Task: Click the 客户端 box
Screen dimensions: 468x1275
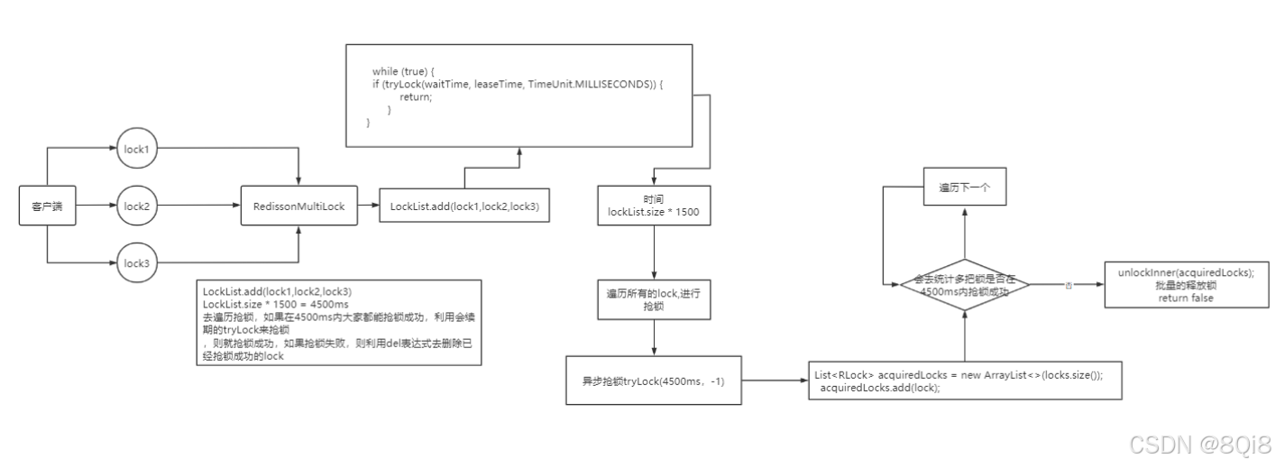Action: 47,206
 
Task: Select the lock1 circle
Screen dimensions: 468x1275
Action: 136,149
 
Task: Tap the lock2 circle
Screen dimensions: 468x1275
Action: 136,206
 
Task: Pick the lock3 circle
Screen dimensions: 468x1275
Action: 136,262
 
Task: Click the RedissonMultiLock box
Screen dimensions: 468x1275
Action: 298,206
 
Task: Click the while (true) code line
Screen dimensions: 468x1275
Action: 403,70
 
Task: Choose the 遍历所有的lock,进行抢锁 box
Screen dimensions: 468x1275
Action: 654,300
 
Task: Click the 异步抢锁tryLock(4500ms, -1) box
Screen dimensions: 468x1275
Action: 654,381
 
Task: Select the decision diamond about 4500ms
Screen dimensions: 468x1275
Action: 966,285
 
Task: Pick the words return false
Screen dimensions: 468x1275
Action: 1186,298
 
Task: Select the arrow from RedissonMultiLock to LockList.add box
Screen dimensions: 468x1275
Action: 367,206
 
